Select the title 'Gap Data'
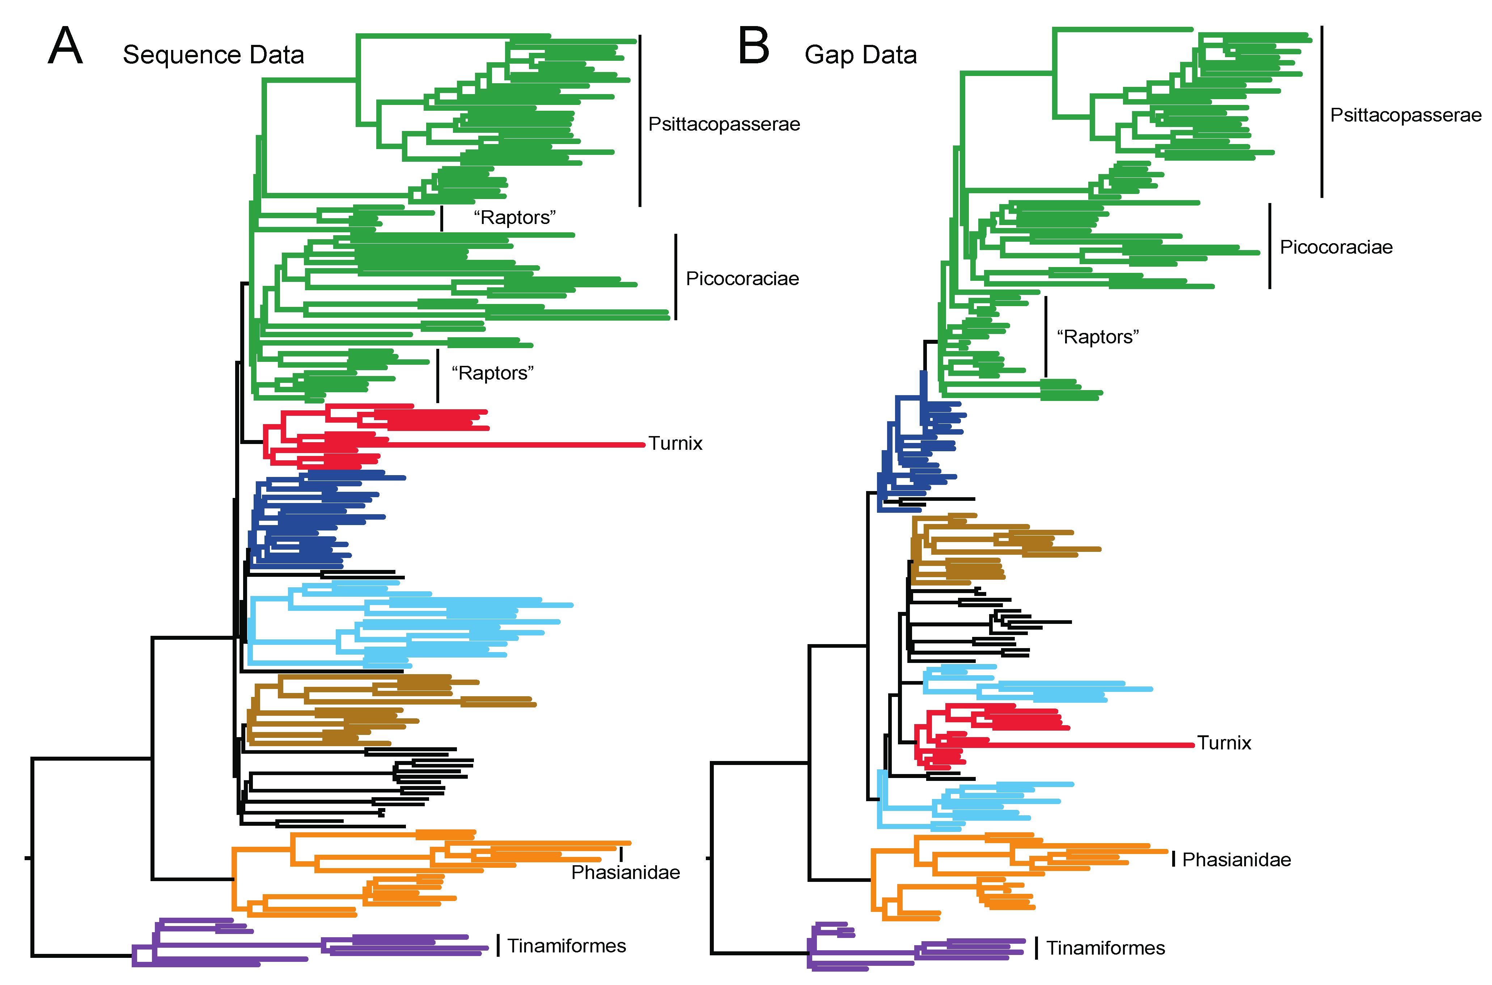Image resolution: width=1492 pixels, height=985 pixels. (x=860, y=55)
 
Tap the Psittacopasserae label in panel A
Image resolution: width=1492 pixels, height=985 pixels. (x=724, y=124)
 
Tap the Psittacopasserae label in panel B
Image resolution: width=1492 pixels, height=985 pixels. (x=1405, y=115)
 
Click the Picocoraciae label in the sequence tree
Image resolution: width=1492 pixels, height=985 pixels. (x=742, y=279)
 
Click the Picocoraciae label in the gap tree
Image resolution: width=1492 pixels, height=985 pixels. (x=1336, y=248)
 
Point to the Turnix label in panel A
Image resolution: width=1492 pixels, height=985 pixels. (x=675, y=444)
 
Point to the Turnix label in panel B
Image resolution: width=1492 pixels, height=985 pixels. (x=1224, y=743)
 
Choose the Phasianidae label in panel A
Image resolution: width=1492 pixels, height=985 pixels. (x=626, y=872)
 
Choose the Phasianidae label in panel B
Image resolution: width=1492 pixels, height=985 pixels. (x=1237, y=860)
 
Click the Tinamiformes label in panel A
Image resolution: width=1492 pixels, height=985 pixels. (x=567, y=946)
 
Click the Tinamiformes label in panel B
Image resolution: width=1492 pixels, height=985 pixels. (x=1105, y=948)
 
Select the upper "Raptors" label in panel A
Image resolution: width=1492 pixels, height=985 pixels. (x=514, y=218)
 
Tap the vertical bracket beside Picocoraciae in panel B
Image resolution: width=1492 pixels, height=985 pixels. (x=1270, y=246)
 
